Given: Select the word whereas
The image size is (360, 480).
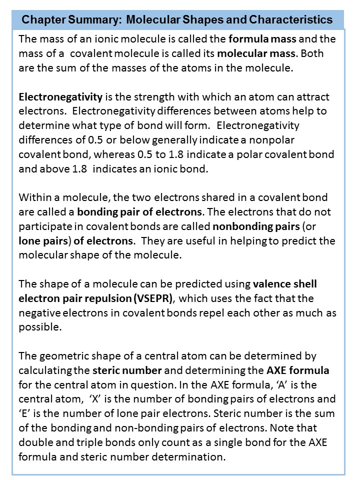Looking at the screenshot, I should coord(163,155).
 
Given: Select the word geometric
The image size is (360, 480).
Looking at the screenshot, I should coord(62,357).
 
